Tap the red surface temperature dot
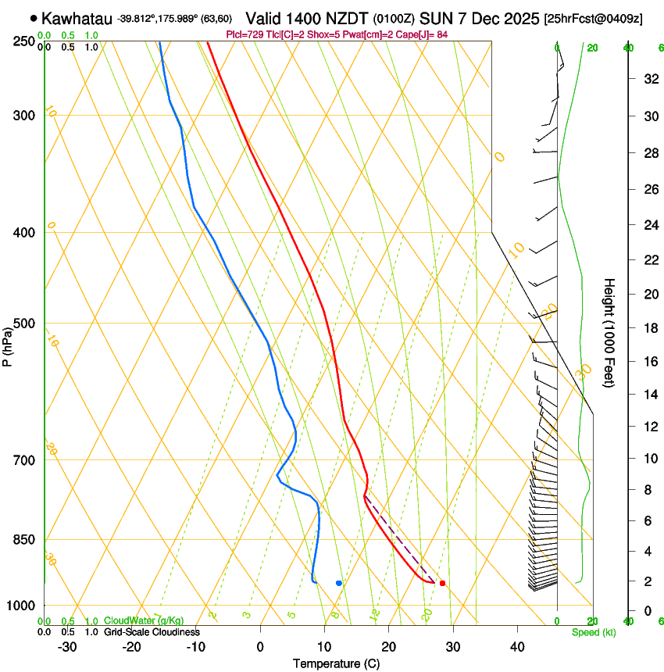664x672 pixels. click(442, 583)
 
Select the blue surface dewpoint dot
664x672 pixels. click(338, 583)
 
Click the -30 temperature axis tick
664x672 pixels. click(67, 647)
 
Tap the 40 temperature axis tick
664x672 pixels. click(516, 647)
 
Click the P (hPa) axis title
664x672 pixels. click(8, 345)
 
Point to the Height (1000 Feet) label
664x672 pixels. click(609, 332)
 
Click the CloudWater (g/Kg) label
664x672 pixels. click(144, 621)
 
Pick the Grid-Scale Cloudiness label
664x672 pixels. click(152, 632)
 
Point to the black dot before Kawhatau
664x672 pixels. click(34, 18)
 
